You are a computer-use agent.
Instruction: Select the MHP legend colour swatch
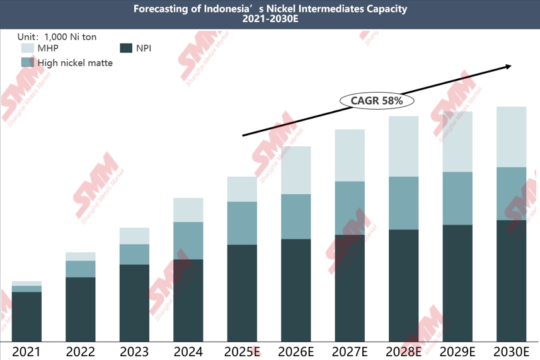tap(28, 47)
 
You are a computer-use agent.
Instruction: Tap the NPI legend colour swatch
tap(125, 47)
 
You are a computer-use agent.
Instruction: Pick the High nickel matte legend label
tap(75, 62)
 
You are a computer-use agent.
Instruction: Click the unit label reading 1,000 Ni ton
tap(56, 37)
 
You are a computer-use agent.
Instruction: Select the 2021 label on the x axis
tap(26, 351)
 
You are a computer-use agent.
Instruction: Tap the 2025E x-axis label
tap(243, 351)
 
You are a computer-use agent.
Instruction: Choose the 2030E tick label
tap(511, 351)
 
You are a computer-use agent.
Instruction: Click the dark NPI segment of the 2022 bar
tap(81, 309)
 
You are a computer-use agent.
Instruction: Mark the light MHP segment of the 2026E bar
tap(296, 170)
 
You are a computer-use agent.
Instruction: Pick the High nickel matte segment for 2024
tap(188, 240)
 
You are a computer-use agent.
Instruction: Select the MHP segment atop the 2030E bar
tap(511, 137)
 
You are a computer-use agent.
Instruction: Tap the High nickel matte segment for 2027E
tap(350, 208)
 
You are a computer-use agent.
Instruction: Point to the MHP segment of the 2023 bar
tap(134, 236)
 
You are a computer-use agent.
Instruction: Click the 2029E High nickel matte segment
tap(457, 199)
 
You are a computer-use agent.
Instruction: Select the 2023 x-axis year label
tap(134, 351)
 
